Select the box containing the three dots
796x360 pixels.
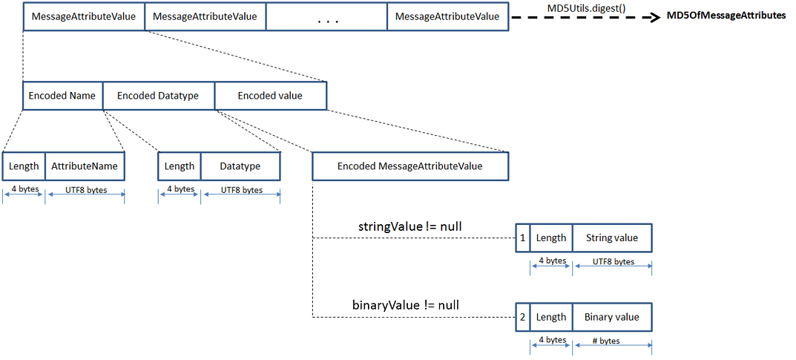(x=326, y=16)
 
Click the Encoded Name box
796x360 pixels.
(x=62, y=96)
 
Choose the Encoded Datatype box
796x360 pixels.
(x=158, y=96)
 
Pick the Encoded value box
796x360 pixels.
(x=270, y=96)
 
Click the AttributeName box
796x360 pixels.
(x=85, y=166)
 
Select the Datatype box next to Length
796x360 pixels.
(x=240, y=166)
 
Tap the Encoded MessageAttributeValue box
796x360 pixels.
(x=409, y=166)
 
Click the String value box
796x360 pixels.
(x=612, y=238)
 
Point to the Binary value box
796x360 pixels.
(x=612, y=317)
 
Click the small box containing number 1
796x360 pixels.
(x=522, y=238)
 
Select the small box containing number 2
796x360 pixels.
(x=522, y=317)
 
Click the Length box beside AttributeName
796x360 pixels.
(x=24, y=166)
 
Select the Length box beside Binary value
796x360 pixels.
(x=551, y=317)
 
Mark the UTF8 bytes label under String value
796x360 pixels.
(x=613, y=261)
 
